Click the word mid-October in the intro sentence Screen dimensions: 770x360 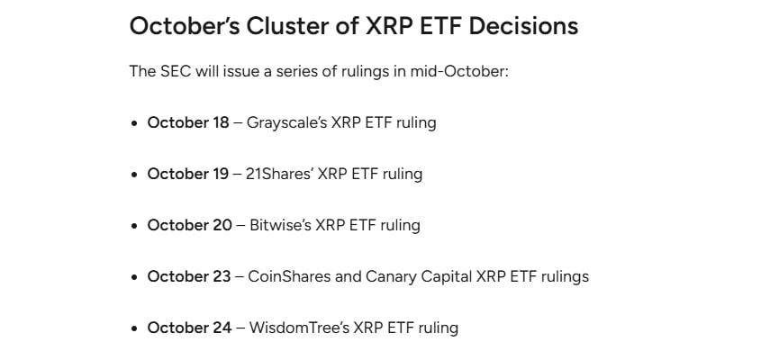[459, 71]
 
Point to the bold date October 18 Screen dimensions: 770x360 [188, 122]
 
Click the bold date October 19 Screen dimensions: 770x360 [188, 174]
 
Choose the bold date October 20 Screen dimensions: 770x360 [189, 225]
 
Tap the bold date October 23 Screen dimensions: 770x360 [189, 276]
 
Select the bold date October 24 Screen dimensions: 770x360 [189, 328]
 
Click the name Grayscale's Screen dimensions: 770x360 [286, 122]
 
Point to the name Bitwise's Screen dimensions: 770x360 [280, 225]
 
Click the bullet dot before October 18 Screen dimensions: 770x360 [134, 123]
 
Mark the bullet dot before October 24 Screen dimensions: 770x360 [134, 328]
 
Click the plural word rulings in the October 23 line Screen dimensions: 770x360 [565, 277]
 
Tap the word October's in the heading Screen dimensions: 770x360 [185, 26]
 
